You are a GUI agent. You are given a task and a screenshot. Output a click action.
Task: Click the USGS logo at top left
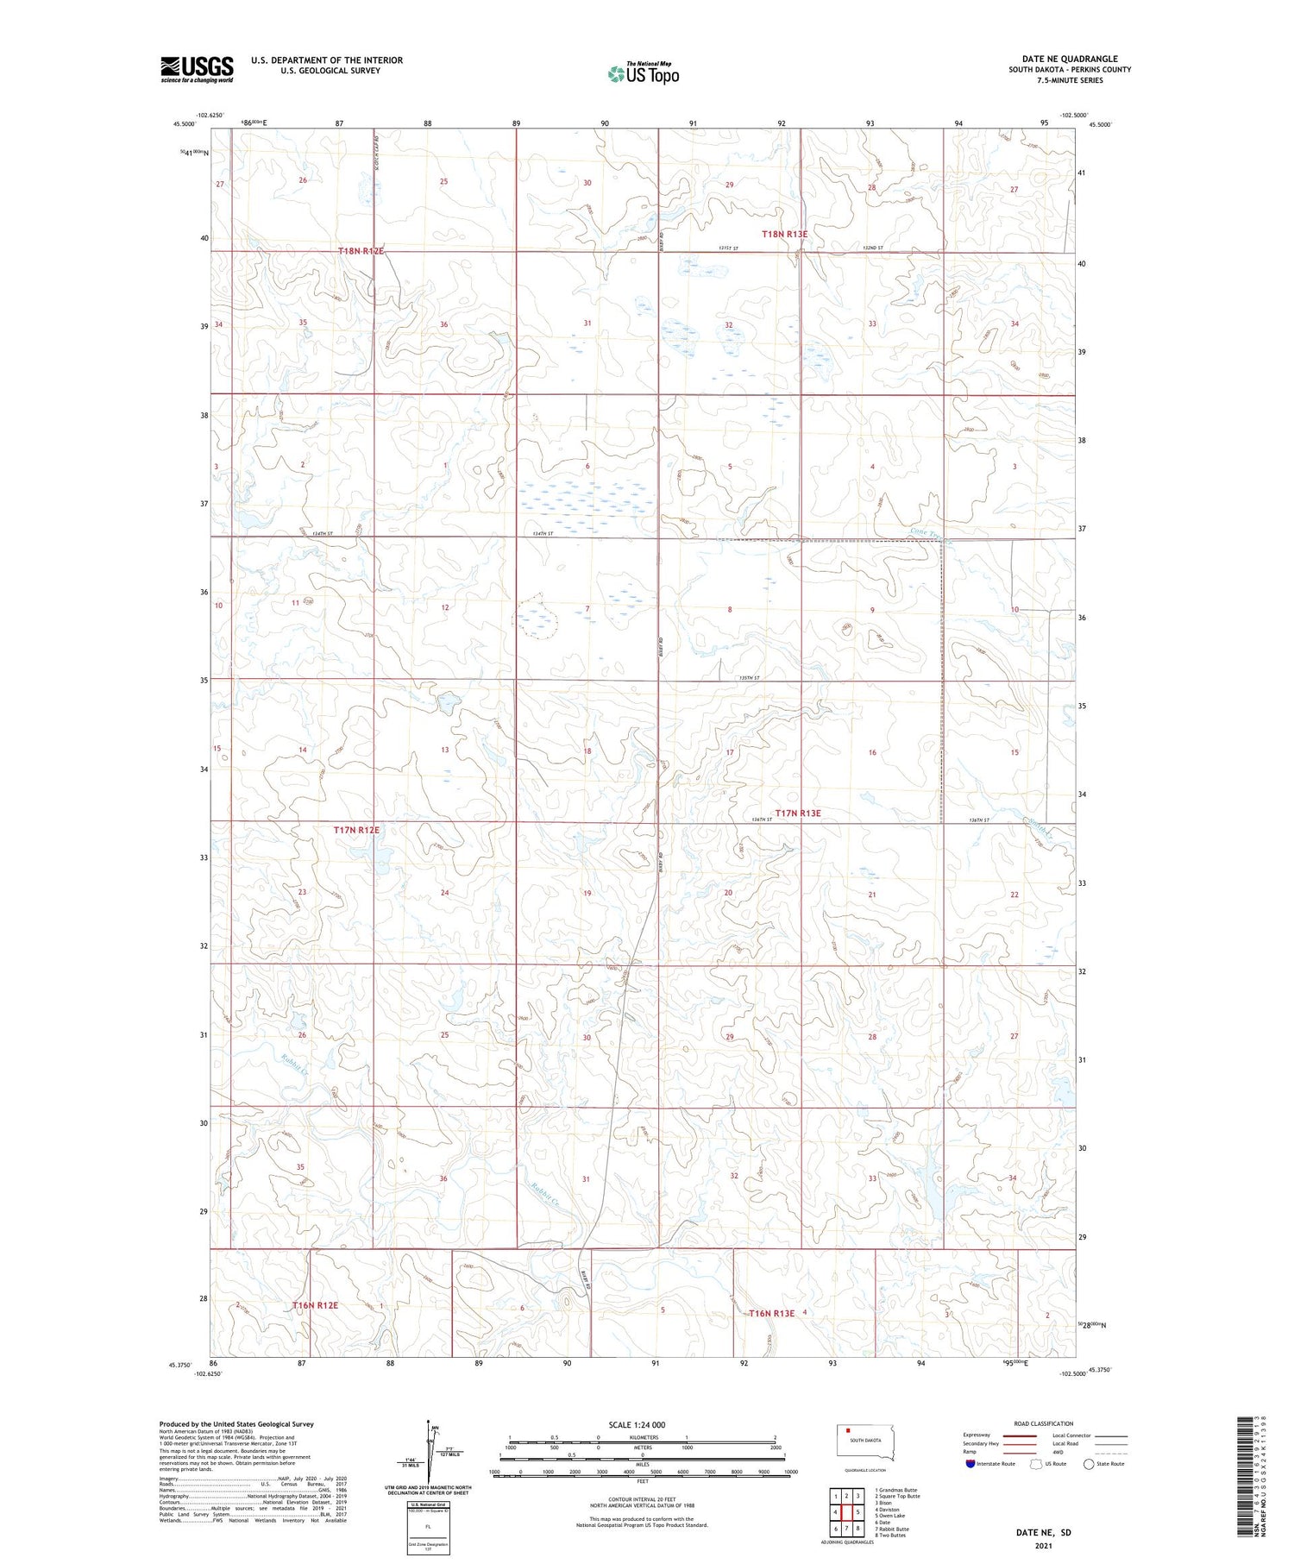pyautogui.click(x=197, y=69)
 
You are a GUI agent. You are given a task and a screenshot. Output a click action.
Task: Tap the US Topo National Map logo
pyautogui.click(x=644, y=73)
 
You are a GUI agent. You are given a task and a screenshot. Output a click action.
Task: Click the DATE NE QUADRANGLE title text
pyautogui.click(x=1070, y=59)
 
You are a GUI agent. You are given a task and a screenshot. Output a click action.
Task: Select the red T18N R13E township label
pyautogui.click(x=784, y=234)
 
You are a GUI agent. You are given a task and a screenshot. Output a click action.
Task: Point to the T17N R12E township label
pyautogui.click(x=356, y=830)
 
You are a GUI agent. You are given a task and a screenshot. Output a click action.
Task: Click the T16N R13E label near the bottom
pyautogui.click(x=771, y=1313)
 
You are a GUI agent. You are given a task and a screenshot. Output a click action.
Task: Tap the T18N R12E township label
pyautogui.click(x=360, y=251)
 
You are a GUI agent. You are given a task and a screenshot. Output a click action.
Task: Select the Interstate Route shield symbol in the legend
pyautogui.click(x=970, y=1464)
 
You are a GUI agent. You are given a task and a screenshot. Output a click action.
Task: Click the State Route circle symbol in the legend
pyautogui.click(x=1089, y=1464)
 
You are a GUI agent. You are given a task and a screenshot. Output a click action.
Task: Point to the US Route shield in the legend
pyautogui.click(x=1036, y=1464)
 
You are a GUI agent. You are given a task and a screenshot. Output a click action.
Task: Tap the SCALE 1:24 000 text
pyautogui.click(x=637, y=1424)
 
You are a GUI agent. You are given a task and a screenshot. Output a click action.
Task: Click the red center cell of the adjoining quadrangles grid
pyautogui.click(x=846, y=1512)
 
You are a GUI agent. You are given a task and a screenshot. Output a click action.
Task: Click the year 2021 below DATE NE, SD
pyautogui.click(x=1042, y=1546)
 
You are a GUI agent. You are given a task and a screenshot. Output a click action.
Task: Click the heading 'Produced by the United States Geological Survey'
pyautogui.click(x=236, y=1424)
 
